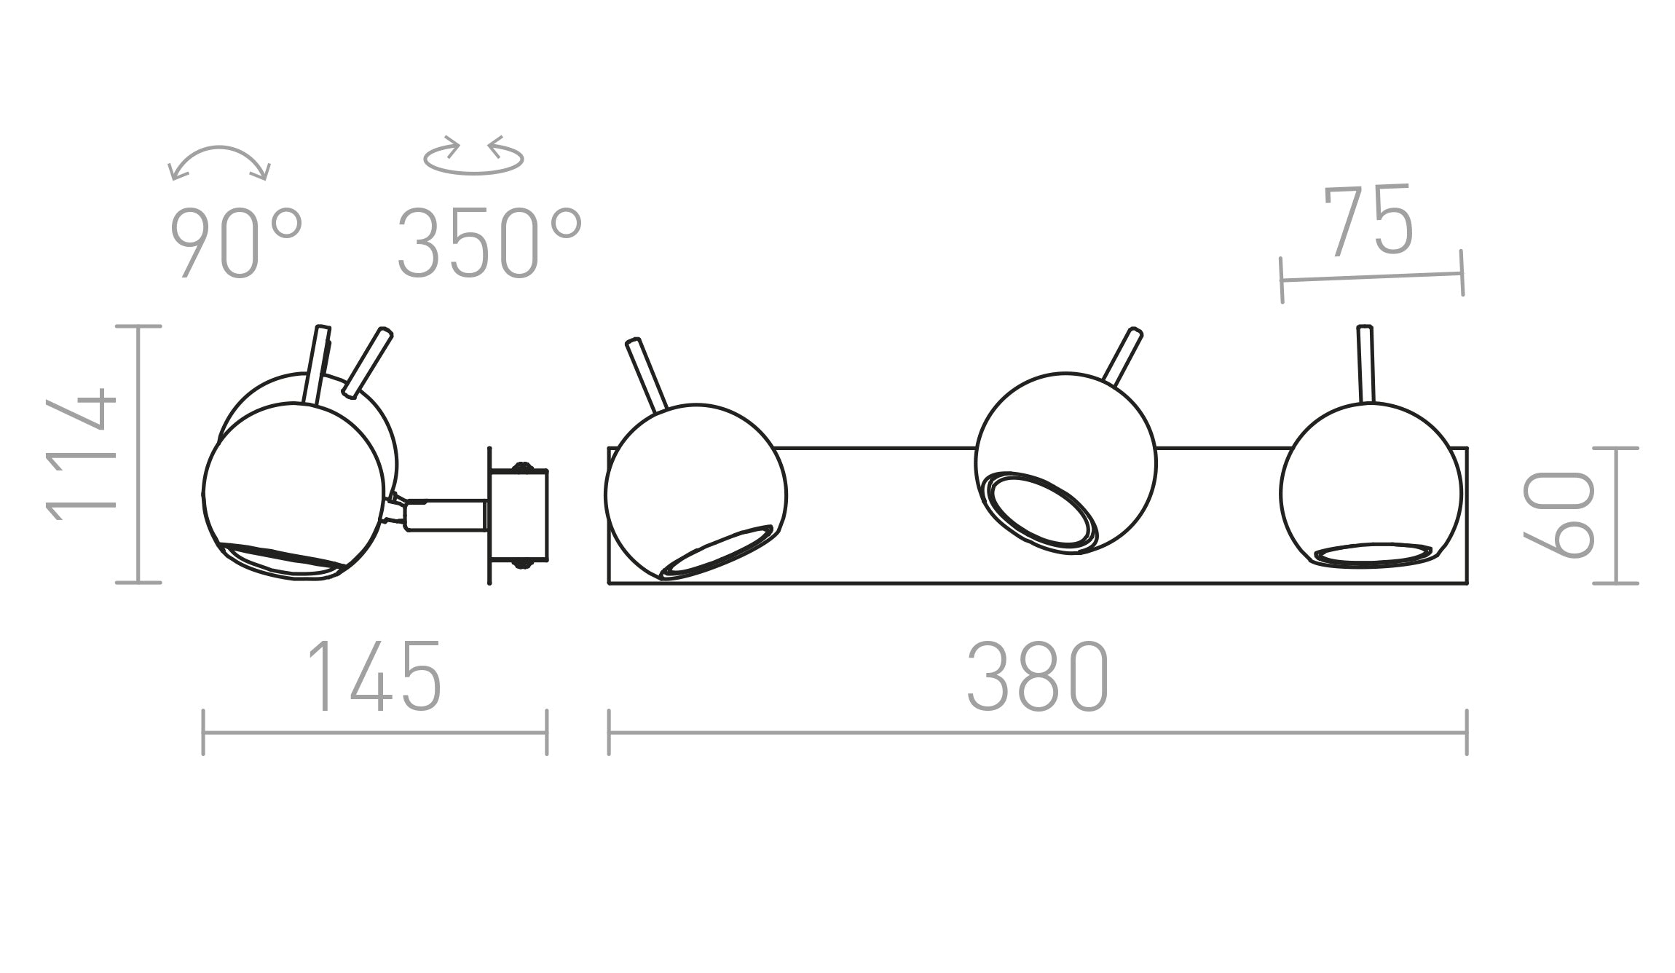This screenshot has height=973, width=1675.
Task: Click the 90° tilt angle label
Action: pyautogui.click(x=234, y=243)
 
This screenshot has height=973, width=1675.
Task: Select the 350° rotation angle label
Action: pyautogui.click(x=489, y=243)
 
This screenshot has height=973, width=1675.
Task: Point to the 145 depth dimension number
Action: pyautogui.click(x=374, y=677)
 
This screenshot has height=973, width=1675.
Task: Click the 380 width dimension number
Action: pyautogui.click(x=1037, y=677)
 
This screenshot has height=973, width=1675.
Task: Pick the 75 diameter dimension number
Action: pyautogui.click(x=1368, y=221)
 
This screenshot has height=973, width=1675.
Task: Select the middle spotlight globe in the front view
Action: pyautogui.click(x=1065, y=437)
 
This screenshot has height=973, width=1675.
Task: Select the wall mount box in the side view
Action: pyautogui.click(x=519, y=516)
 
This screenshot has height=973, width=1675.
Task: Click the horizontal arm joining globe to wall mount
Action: pyautogui.click(x=444, y=514)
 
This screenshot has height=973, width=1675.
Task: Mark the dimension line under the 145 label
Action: pyautogui.click(x=374, y=733)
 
